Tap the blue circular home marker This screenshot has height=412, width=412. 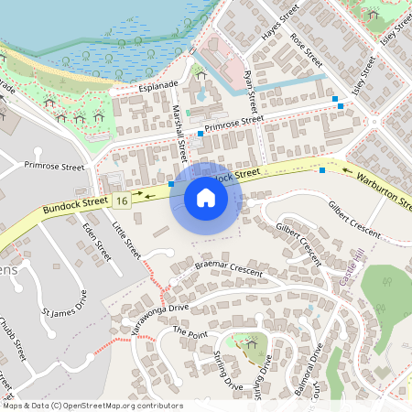pyautogui.click(x=205, y=198)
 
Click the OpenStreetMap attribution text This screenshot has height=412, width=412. pyautogui.click(x=92, y=405)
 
